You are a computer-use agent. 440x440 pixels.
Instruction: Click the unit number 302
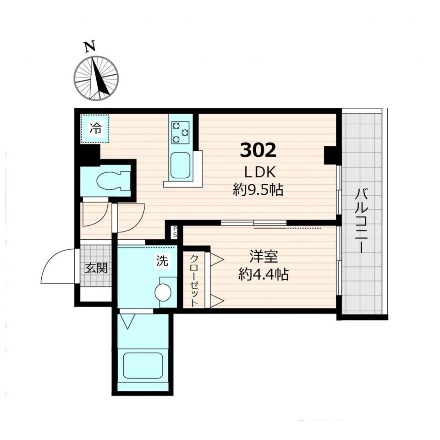coord(258,150)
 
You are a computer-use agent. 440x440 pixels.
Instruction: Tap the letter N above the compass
coord(90,47)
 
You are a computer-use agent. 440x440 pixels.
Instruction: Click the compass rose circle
coord(96,78)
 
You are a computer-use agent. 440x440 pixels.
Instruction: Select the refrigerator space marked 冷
coord(94,129)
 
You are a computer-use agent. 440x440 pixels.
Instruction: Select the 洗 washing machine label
coord(162,261)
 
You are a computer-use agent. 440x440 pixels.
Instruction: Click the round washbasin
coord(163,293)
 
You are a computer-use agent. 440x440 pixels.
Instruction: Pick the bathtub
coord(143,366)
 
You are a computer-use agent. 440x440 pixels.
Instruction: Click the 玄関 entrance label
coord(96,268)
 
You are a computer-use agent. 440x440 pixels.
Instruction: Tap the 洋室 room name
coord(264,257)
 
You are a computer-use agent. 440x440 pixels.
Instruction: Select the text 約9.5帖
coord(258,190)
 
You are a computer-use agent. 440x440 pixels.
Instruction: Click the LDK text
coord(260,172)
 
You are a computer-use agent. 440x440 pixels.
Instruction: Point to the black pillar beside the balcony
coord(330,155)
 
